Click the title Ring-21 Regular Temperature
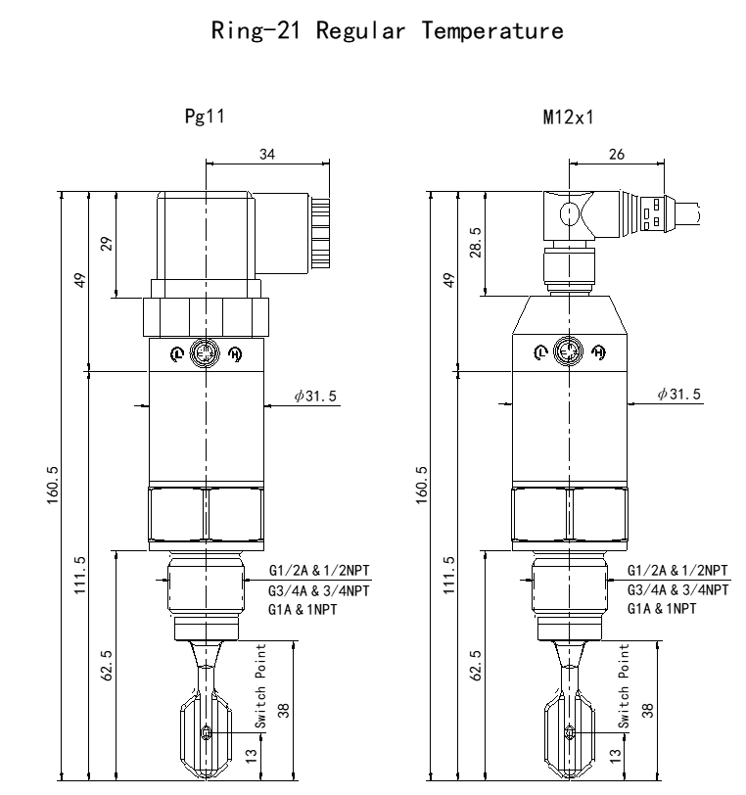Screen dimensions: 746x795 pyautogui.click(x=388, y=30)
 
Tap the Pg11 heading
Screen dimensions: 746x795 pyautogui.click(x=205, y=117)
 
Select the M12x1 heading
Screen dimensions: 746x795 pyautogui.click(x=568, y=117)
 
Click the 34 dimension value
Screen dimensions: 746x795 pyautogui.click(x=267, y=154)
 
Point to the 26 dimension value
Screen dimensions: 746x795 pyautogui.click(x=617, y=154)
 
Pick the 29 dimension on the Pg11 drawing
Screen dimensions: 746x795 pyautogui.click(x=107, y=244)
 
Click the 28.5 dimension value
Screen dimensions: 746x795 pyautogui.click(x=475, y=243)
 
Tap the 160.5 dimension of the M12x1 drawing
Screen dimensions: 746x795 pyautogui.click(x=421, y=486)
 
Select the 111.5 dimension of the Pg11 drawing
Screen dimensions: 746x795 pyautogui.click(x=80, y=575)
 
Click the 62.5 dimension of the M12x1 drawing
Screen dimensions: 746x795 pyautogui.click(x=475, y=665)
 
